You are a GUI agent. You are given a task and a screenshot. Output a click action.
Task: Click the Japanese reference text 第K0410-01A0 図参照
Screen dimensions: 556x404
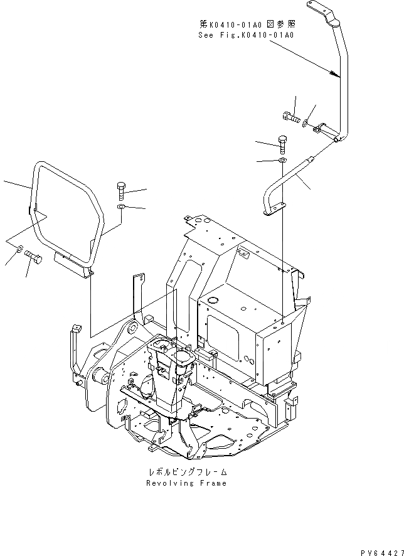point(247,24)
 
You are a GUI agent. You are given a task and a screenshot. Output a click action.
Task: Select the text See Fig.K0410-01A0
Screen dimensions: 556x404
point(247,35)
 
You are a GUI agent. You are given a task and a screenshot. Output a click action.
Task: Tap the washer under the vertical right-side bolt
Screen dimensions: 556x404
point(282,162)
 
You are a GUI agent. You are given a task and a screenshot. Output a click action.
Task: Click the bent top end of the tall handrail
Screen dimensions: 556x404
point(321,11)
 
